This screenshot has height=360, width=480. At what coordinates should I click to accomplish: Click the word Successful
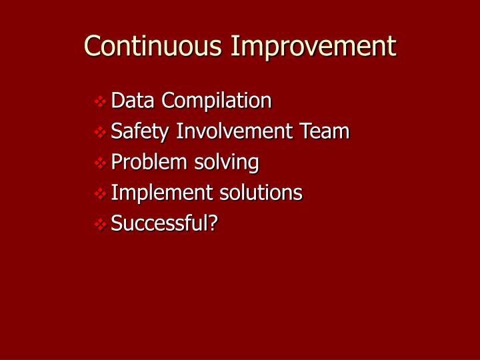(159, 223)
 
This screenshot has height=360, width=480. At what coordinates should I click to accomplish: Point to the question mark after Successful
(213, 223)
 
